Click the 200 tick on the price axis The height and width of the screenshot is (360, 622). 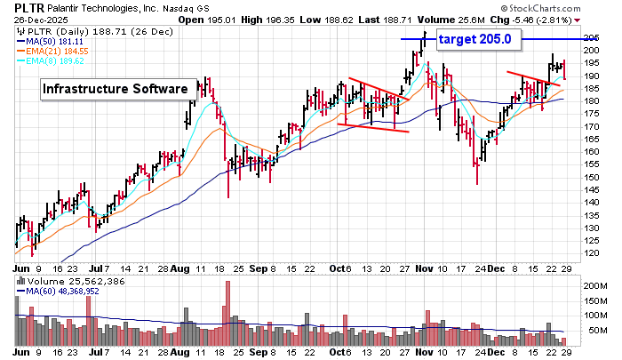tap(591, 50)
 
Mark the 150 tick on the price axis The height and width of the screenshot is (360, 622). tap(591, 177)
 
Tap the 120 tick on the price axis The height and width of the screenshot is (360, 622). tap(591, 253)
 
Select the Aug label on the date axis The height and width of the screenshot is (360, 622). tap(179, 267)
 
